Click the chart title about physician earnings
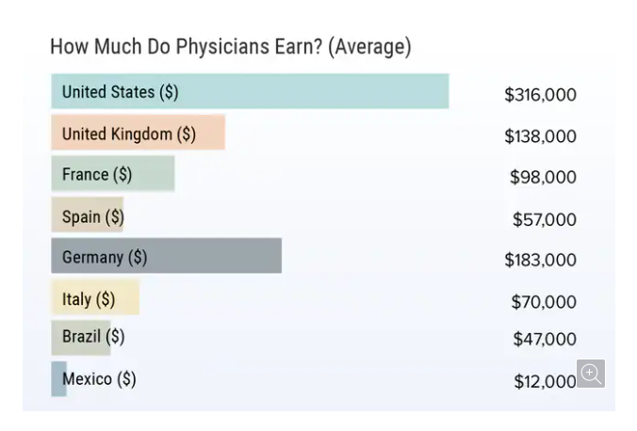230,46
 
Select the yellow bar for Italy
128,299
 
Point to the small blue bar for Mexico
57,379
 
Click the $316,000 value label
540,95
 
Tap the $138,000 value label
540,136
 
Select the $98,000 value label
543,177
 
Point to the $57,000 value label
544,219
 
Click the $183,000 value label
540,260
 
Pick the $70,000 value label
543,302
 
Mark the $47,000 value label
544,339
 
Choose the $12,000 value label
544,381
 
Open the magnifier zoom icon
591,374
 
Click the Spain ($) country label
92,216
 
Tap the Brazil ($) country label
92,336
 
